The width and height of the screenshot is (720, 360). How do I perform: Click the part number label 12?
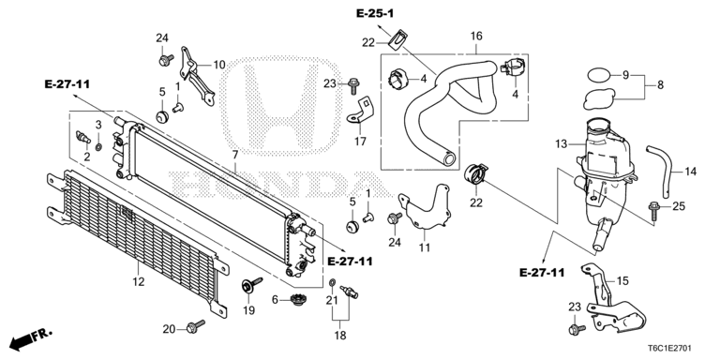(x=138, y=279)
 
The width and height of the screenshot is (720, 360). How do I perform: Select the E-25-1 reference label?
(x=374, y=13)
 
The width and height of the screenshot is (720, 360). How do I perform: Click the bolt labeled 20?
(x=196, y=327)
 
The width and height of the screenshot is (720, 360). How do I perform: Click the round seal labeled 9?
(x=598, y=73)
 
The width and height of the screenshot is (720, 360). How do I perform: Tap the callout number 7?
(x=235, y=153)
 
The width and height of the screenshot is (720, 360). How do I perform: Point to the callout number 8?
(x=659, y=84)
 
